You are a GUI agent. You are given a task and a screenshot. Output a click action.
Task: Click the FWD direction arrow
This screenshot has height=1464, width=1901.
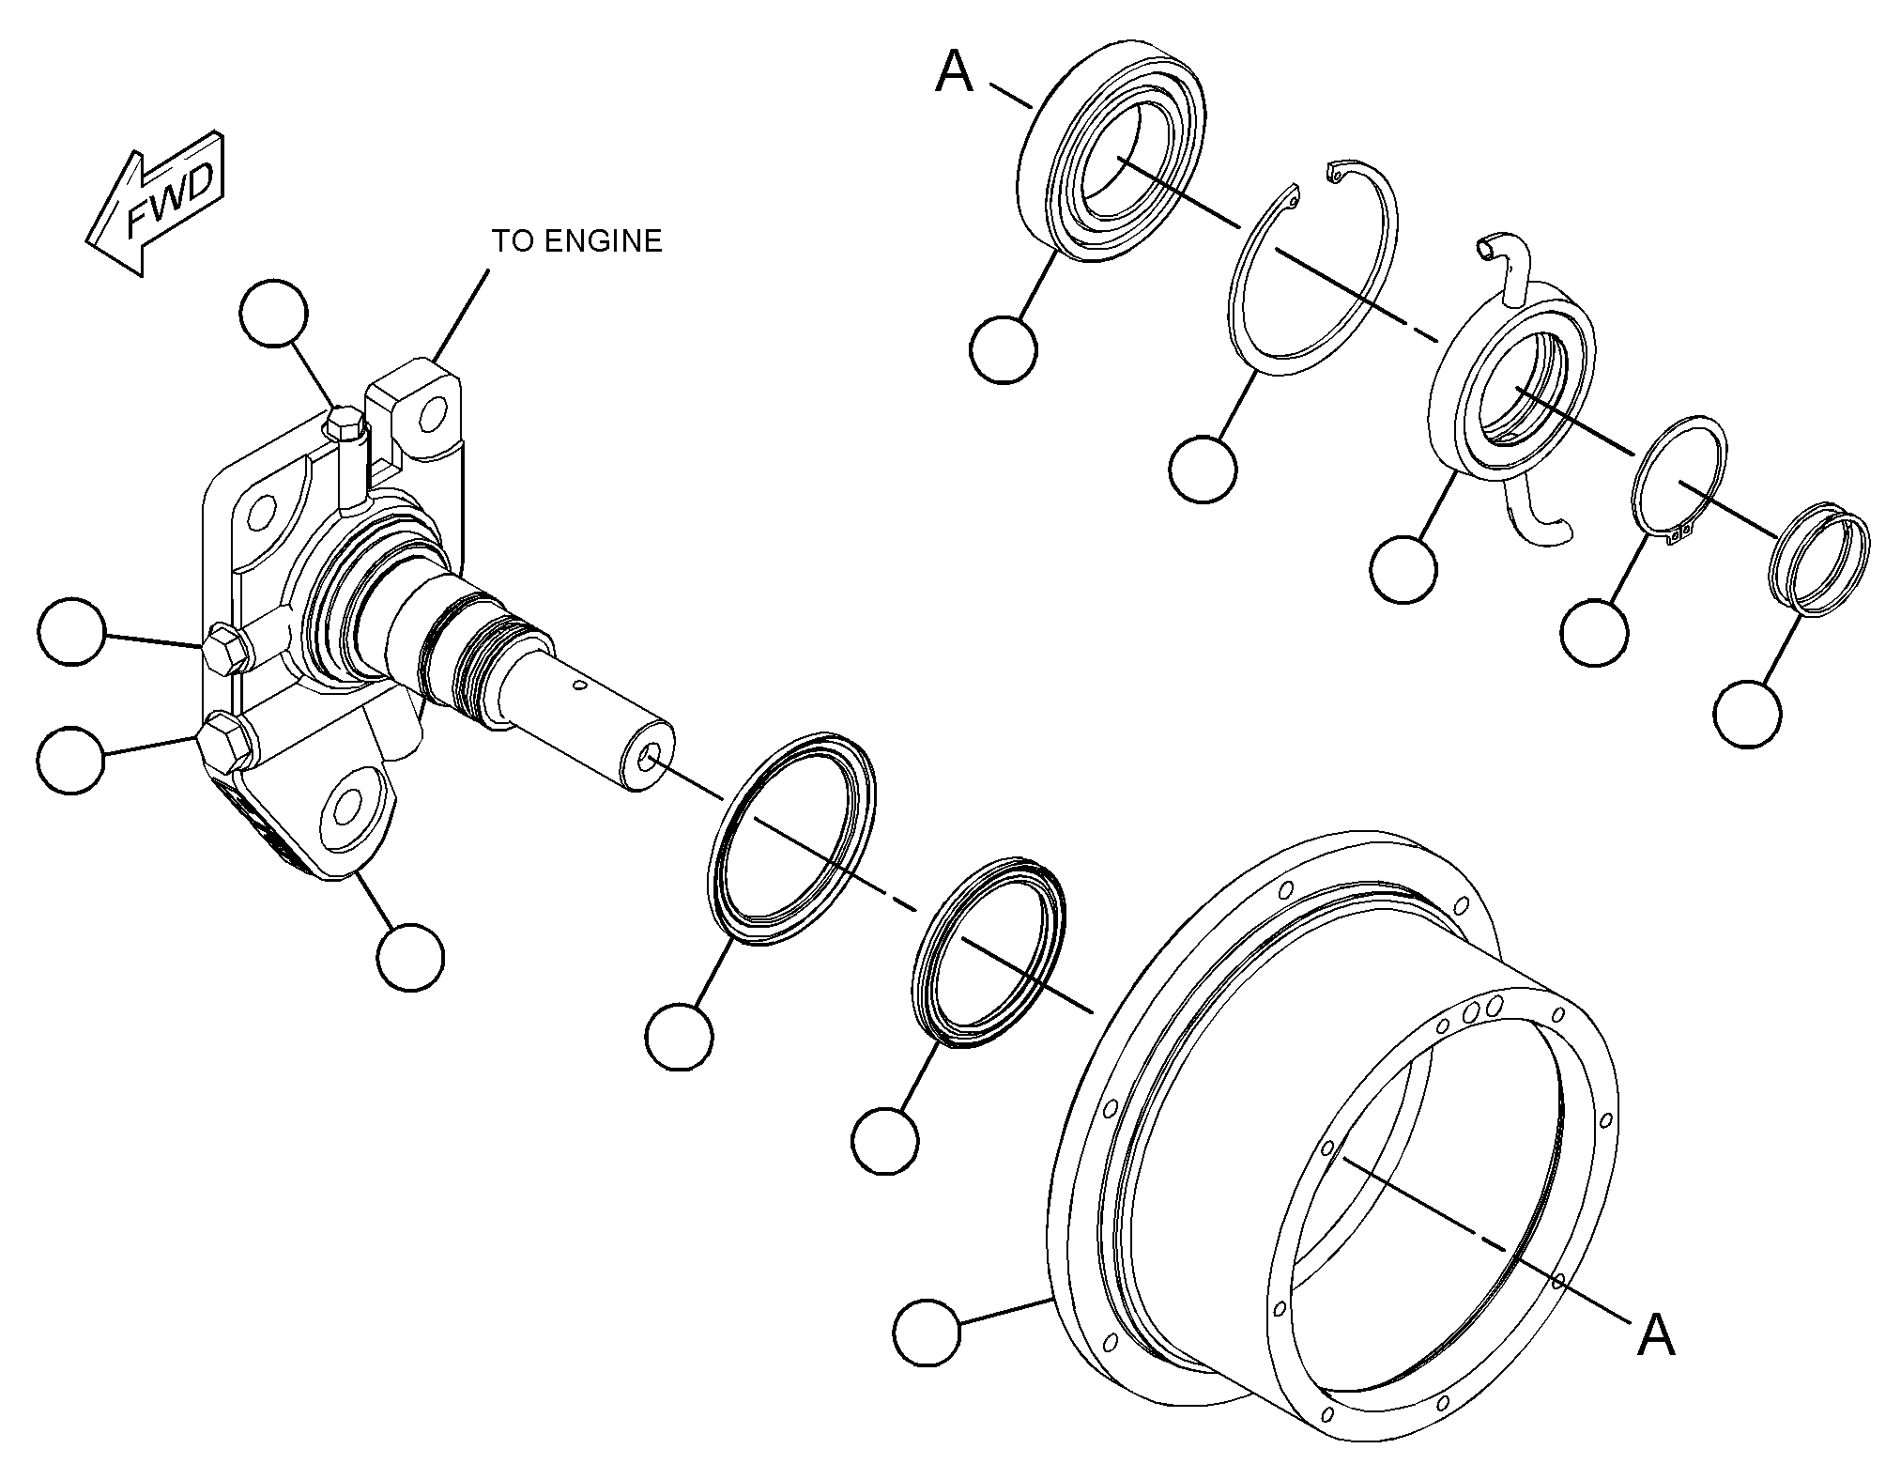point(156,203)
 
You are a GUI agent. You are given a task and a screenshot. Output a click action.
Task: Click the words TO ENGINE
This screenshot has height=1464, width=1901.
point(577,241)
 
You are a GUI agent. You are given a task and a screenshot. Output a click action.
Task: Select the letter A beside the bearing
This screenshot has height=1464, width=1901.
point(955,72)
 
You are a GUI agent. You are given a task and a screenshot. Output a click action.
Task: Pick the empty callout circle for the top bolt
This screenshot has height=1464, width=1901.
point(273,313)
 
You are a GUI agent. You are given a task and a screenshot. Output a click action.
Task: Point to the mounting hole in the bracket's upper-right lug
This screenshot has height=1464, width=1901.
point(433,414)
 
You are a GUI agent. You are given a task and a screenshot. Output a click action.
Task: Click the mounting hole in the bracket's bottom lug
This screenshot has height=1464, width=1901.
point(347,807)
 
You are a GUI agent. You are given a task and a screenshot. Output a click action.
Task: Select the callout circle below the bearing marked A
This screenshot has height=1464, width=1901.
point(1004,349)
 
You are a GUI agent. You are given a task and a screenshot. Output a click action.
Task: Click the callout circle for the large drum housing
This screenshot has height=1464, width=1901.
point(928,1332)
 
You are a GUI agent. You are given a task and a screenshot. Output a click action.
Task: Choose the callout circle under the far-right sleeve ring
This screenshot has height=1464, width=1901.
point(1747,713)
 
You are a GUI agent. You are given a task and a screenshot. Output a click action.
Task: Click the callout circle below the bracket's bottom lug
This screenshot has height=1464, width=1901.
point(410,956)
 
